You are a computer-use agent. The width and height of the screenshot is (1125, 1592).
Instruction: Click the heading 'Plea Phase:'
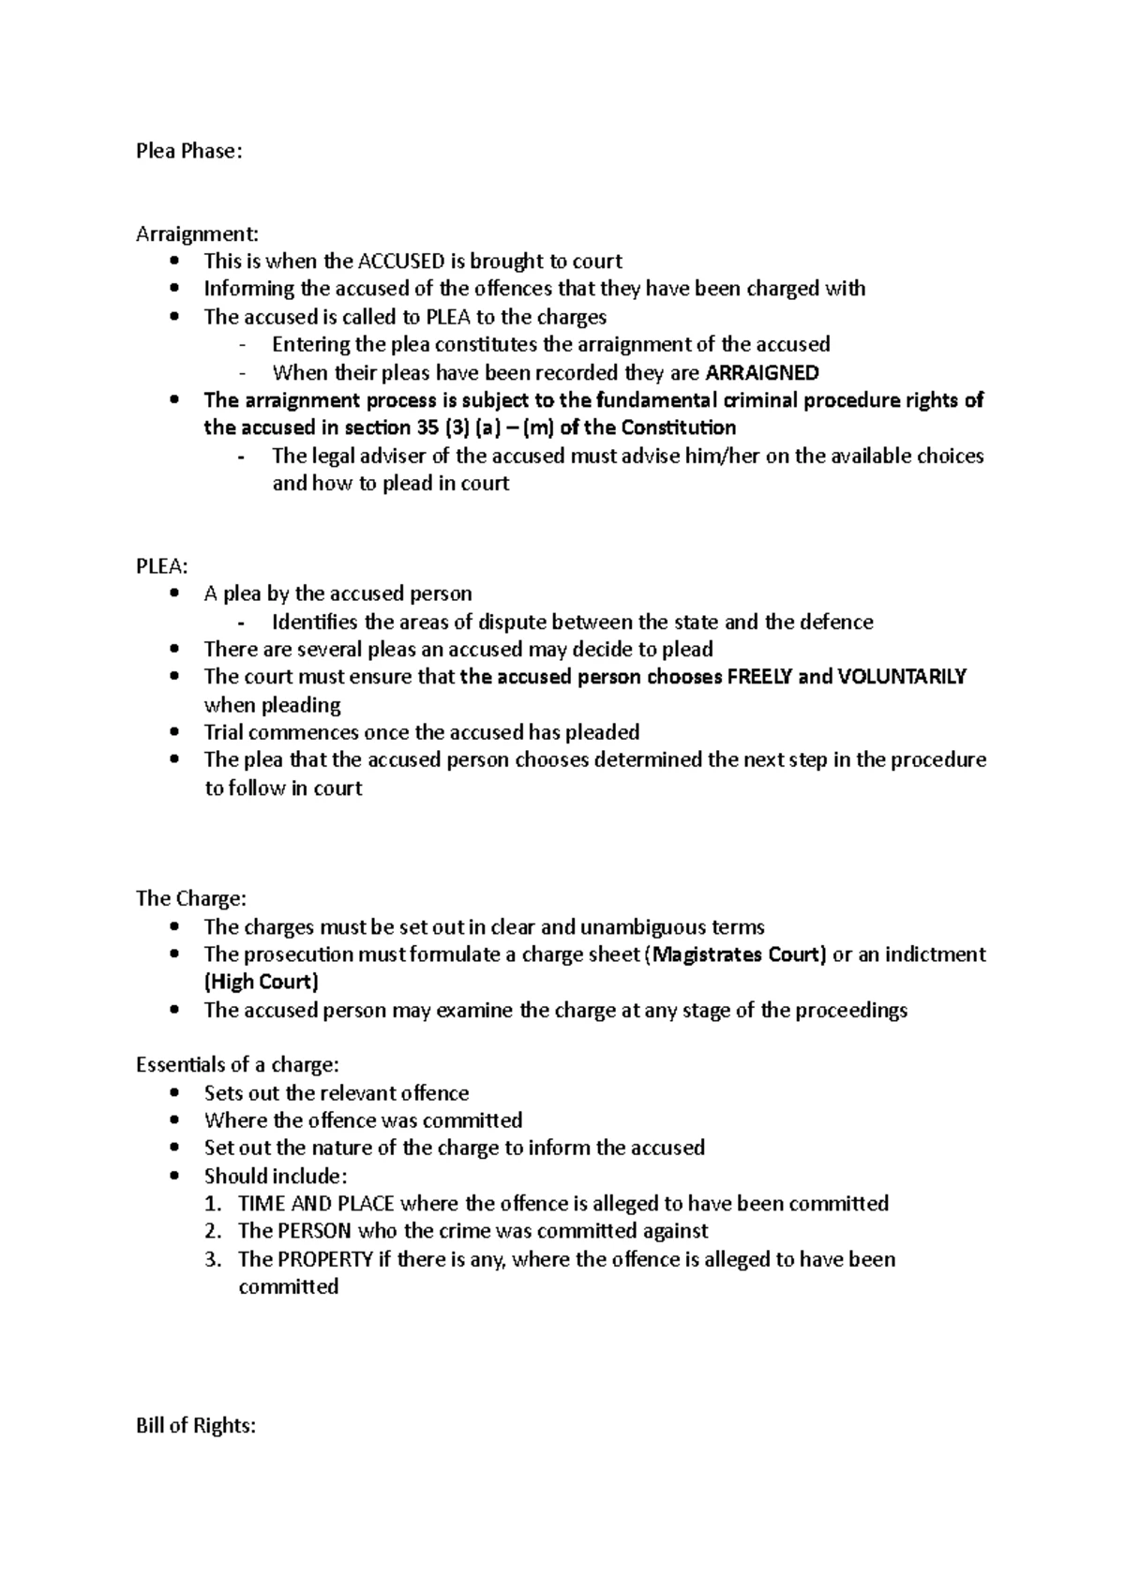(188, 151)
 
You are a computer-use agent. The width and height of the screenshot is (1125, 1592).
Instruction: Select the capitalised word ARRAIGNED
(761, 372)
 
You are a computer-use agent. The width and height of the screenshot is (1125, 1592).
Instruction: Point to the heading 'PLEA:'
(161, 566)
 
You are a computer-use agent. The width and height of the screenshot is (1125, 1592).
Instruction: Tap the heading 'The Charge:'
(191, 898)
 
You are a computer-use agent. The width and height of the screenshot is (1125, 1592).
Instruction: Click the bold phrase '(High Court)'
(262, 982)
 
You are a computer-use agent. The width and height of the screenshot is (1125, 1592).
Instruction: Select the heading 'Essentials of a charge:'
(237, 1065)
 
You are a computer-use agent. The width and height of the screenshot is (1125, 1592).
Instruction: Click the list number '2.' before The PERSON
(214, 1231)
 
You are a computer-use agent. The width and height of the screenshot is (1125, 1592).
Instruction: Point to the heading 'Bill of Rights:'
(195, 1426)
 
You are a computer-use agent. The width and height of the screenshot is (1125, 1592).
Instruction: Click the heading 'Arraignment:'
(196, 233)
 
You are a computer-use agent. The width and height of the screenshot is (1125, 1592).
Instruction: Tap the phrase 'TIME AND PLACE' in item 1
(316, 1204)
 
